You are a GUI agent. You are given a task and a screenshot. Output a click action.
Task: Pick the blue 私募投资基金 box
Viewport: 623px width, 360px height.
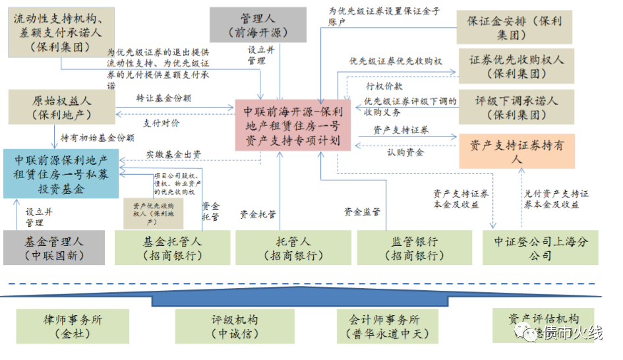[x=60, y=174]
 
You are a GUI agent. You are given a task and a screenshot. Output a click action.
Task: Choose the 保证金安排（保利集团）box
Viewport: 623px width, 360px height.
[x=514, y=27]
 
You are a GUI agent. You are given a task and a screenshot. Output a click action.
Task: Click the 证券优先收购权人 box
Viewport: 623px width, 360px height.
[x=516, y=66]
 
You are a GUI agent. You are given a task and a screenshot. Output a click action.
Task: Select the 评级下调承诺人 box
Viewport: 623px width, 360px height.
[x=516, y=107]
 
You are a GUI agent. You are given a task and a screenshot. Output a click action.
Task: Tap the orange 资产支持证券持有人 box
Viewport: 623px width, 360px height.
[x=516, y=151]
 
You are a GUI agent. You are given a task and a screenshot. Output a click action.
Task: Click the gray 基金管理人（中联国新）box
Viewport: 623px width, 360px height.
[x=54, y=248]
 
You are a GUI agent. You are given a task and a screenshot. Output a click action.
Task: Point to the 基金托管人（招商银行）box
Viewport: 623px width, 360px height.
[x=172, y=248]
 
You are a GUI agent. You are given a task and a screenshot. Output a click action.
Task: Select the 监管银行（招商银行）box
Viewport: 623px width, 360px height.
[x=415, y=248]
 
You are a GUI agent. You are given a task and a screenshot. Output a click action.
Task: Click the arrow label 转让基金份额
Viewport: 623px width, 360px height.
[x=163, y=98]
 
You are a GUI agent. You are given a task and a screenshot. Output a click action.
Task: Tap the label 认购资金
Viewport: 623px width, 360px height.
[x=406, y=152]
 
